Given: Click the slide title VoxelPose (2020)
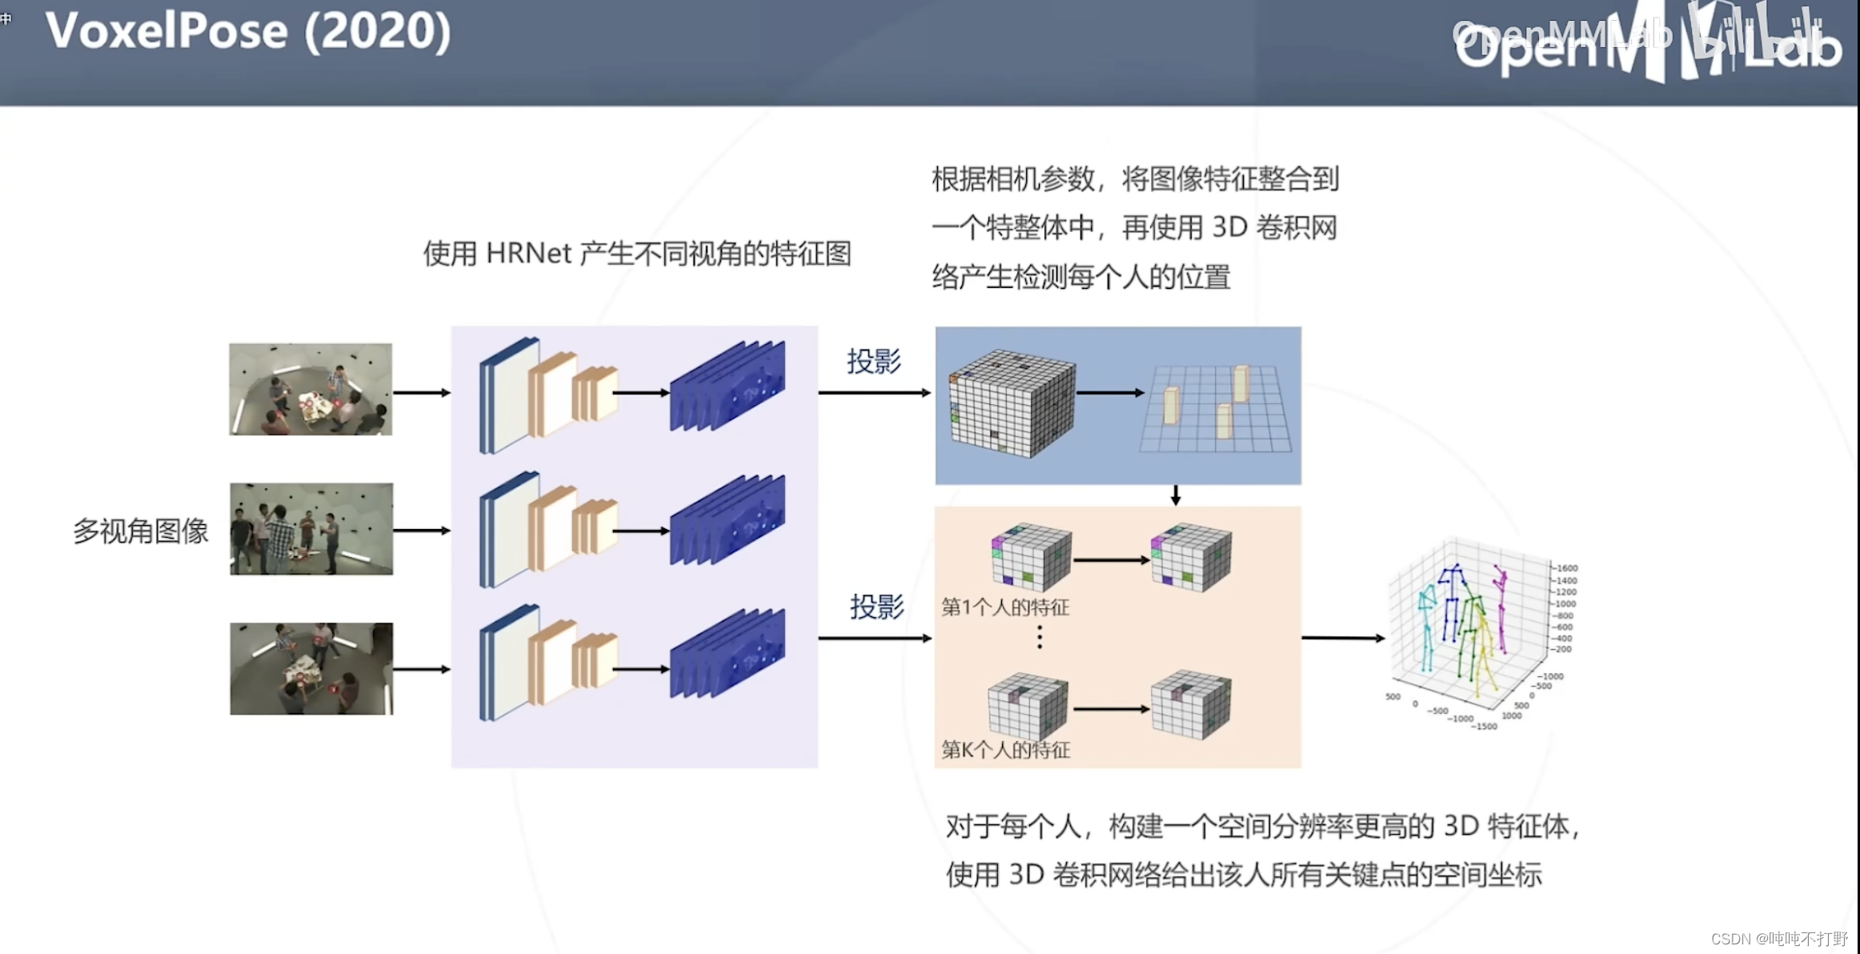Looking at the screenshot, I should click(248, 32).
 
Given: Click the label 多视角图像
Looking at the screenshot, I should click(141, 531).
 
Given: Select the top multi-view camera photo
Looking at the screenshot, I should click(311, 390).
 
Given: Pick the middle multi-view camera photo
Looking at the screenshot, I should click(311, 528).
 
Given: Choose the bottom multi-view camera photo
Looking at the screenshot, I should click(311, 668).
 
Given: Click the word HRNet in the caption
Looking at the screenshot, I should click(528, 254).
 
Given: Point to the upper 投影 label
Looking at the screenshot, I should click(874, 361).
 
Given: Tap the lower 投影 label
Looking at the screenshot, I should click(877, 607).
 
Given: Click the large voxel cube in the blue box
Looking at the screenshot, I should click(1012, 403).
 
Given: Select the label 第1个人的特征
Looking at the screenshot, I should click(1005, 607).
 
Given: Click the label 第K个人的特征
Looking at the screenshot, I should click(1005, 750).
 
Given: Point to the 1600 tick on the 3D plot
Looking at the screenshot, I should click(1566, 568).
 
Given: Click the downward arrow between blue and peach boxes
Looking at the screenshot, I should click(1175, 495).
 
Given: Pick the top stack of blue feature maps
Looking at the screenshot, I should click(728, 386).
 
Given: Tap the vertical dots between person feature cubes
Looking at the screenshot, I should click(1040, 637).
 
